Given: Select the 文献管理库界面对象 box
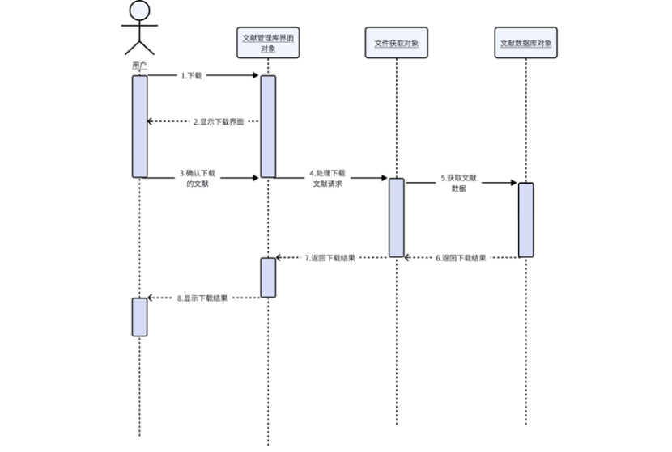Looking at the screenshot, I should click(268, 43).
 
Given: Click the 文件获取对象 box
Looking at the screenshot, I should click(396, 43).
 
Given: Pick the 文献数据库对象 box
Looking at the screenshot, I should click(525, 43).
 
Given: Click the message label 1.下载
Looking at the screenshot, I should click(192, 75).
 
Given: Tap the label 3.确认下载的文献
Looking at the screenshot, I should click(198, 178).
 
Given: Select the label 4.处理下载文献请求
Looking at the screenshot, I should click(327, 178).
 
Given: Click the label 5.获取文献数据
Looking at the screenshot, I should click(458, 182).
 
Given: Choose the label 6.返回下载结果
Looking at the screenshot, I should click(461, 258).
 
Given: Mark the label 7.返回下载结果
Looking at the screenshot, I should click(330, 258).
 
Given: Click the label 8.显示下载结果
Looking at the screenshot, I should click(202, 298).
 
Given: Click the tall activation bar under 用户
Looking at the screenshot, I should click(139, 125).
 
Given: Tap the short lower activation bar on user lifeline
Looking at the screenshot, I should click(139, 316).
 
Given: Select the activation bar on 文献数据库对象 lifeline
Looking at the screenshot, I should click(525, 220).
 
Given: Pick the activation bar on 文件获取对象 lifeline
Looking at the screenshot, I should click(396, 218).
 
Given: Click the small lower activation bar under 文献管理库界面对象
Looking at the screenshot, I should click(268, 277).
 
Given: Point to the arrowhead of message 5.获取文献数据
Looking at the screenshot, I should click(513, 183).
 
